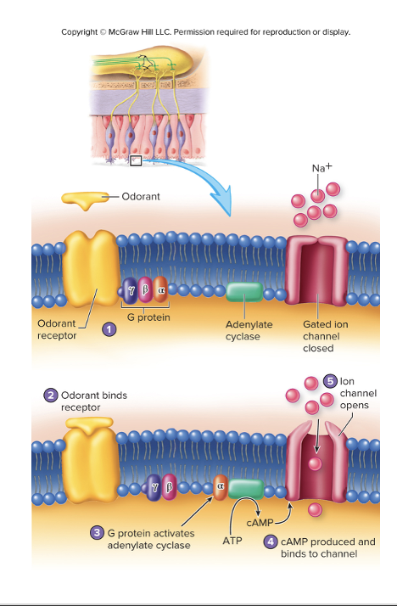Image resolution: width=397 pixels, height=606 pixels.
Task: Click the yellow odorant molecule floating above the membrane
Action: (82, 199)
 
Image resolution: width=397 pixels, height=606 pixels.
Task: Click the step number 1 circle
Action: (108, 328)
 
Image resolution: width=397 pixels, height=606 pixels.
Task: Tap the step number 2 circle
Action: (51, 395)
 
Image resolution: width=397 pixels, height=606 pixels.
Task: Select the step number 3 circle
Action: (98, 532)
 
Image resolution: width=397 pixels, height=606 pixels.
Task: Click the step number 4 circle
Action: (271, 541)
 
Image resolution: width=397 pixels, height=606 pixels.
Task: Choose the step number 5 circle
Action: (331, 382)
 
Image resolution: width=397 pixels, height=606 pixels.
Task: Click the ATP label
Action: (232, 541)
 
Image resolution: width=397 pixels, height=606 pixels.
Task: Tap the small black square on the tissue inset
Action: (136, 160)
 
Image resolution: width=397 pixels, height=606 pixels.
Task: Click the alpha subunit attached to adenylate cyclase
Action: (220, 486)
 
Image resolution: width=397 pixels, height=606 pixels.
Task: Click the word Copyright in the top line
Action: (81, 32)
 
